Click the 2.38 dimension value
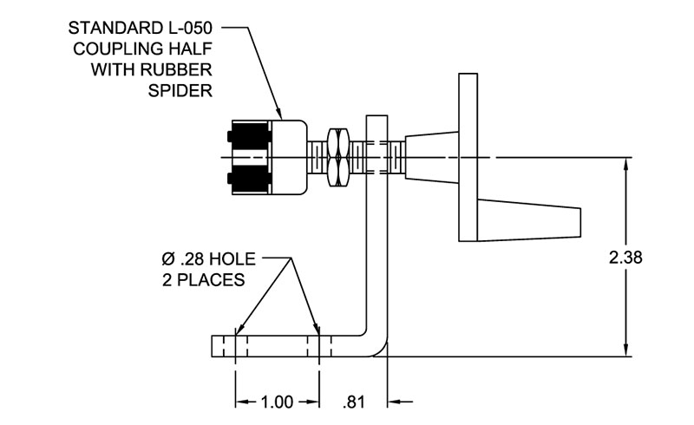click(x=625, y=258)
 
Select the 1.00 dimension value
click(x=278, y=402)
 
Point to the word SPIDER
click(x=183, y=88)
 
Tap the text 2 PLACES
click(x=203, y=280)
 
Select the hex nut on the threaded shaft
click(x=337, y=155)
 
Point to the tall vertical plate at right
click(x=468, y=156)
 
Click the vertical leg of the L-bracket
click(x=375, y=243)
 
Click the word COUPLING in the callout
click(x=110, y=49)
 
